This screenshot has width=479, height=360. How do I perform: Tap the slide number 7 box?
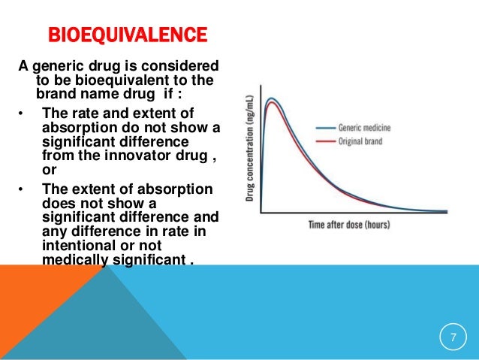452,337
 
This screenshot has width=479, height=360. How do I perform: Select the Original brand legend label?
368,141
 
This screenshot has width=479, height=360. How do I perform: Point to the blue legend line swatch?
325,128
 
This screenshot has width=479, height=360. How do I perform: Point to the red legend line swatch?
325,141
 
